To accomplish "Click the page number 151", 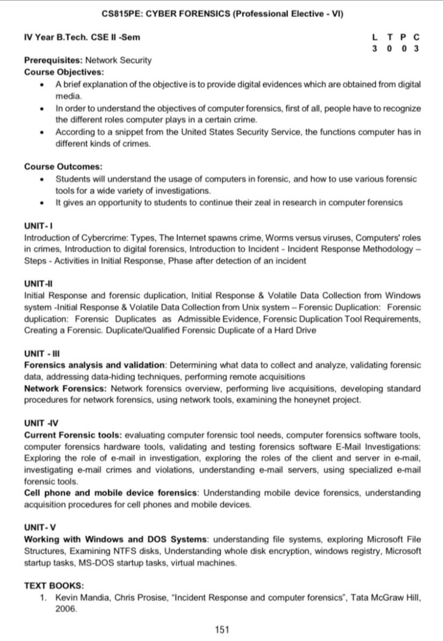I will [x=222, y=630].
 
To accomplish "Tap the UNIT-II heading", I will [x=38, y=284].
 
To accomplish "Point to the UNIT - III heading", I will [x=42, y=353].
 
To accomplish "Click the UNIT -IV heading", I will [x=41, y=423].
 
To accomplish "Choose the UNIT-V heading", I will [x=40, y=527].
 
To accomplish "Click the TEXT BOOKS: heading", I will [x=54, y=586].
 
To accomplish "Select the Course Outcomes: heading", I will [x=63, y=167].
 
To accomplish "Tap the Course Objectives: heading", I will [x=64, y=72].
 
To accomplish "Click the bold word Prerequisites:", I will [x=54, y=60].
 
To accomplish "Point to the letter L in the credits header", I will [x=375, y=37].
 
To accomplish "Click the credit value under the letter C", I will [x=416, y=48].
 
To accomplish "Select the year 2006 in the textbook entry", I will [x=66, y=609].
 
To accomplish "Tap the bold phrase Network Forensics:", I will [x=65, y=388].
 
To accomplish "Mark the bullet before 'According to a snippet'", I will [x=43, y=132].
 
